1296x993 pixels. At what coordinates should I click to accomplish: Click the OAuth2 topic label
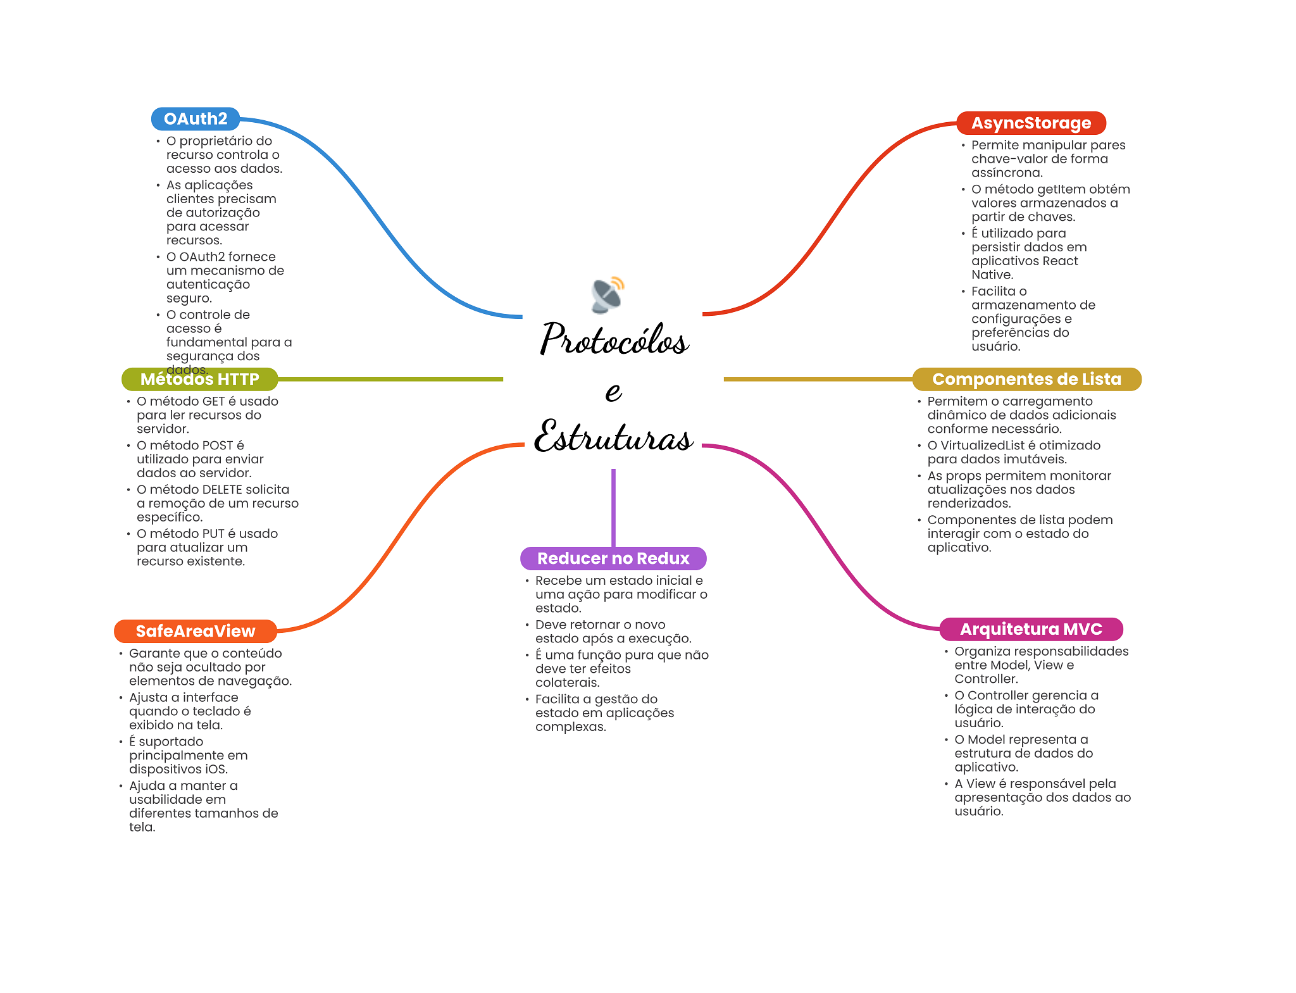[x=195, y=119]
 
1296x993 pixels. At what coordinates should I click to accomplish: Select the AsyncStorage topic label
[x=1031, y=123]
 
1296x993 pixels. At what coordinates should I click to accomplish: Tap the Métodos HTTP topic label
[x=199, y=379]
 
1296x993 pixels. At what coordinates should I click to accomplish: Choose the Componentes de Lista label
[x=1026, y=379]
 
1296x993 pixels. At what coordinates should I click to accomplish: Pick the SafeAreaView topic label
[x=196, y=631]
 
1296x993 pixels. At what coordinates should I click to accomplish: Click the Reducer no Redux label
[x=613, y=558]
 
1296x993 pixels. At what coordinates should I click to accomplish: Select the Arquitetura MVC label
[x=1031, y=629]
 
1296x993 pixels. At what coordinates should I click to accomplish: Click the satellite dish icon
[x=608, y=295]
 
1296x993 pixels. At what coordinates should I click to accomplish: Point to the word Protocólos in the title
[x=614, y=340]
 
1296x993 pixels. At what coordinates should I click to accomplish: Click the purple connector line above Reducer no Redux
[x=613, y=506]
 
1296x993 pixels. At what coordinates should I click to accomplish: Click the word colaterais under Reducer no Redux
[x=567, y=683]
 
